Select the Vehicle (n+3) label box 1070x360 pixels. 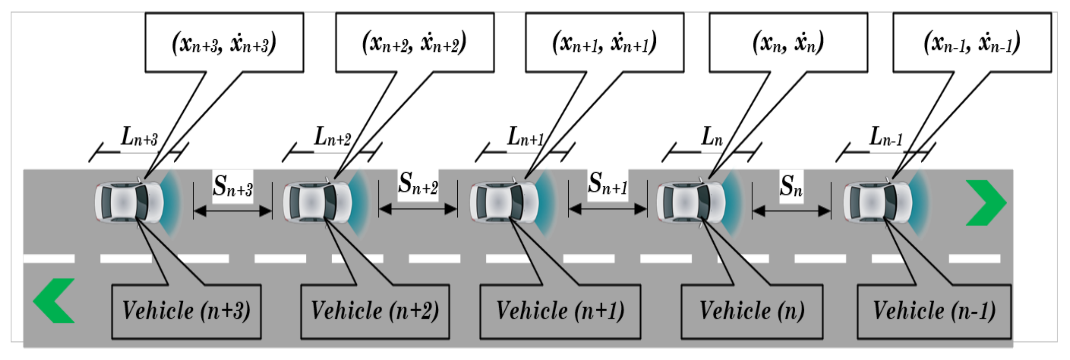point(186,311)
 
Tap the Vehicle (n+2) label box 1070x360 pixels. point(375,311)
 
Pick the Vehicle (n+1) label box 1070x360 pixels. point(560,311)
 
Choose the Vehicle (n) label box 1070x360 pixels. point(752,311)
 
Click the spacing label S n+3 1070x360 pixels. point(233,186)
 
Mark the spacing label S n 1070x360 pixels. point(791,186)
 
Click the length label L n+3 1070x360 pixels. point(139,137)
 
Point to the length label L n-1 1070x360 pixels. point(886,137)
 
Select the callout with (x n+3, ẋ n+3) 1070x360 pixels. point(224,43)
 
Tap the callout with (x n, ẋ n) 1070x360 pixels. point(788,43)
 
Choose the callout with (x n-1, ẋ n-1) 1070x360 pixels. point(972,43)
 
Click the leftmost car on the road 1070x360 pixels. point(129,202)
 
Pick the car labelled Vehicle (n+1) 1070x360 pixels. point(504,202)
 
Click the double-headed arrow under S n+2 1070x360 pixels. point(418,209)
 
